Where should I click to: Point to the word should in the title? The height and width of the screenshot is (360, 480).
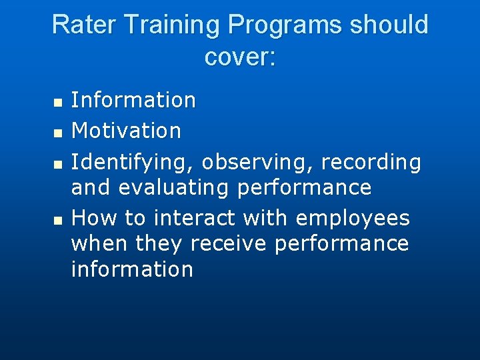389,25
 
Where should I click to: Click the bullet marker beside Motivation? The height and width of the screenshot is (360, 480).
57,134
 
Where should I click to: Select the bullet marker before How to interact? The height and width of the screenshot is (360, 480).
57,219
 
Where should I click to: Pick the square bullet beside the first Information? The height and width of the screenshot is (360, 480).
57,103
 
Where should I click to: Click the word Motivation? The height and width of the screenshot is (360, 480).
126,131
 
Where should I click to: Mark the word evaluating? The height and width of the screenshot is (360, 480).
175,188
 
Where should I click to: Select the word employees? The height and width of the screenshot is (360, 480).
353,219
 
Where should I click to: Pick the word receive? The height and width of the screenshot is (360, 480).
229,244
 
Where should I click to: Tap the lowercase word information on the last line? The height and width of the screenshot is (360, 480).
132,269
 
